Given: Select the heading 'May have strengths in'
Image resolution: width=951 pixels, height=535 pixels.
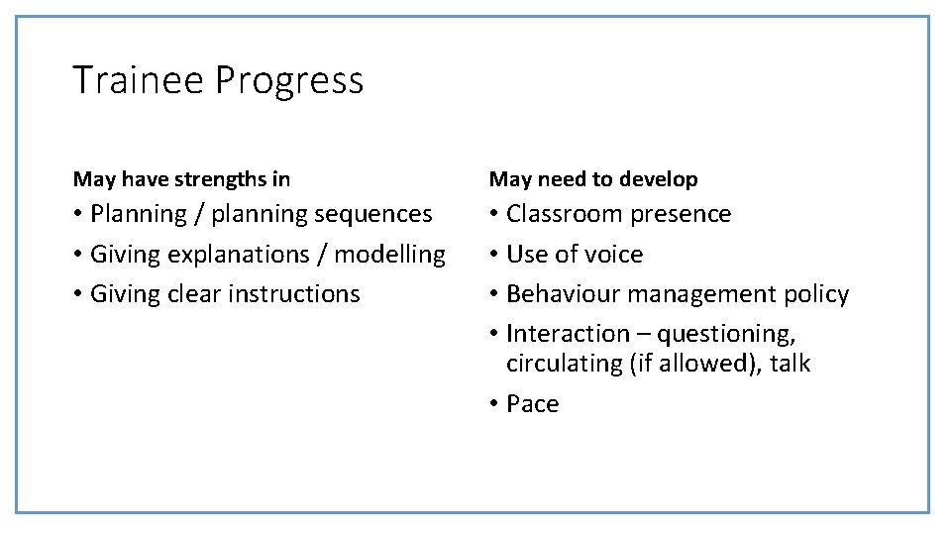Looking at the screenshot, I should (x=181, y=179).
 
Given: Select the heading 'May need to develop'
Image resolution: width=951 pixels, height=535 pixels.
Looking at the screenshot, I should (x=593, y=179).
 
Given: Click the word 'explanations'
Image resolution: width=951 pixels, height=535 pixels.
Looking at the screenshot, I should (x=235, y=256).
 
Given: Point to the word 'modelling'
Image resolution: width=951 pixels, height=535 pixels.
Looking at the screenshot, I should (x=390, y=256).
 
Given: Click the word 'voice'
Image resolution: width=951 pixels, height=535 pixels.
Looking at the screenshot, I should (x=616, y=255).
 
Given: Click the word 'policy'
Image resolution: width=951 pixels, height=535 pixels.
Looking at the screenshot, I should (x=814, y=295).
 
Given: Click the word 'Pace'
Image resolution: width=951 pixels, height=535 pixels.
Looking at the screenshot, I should (x=532, y=404).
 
